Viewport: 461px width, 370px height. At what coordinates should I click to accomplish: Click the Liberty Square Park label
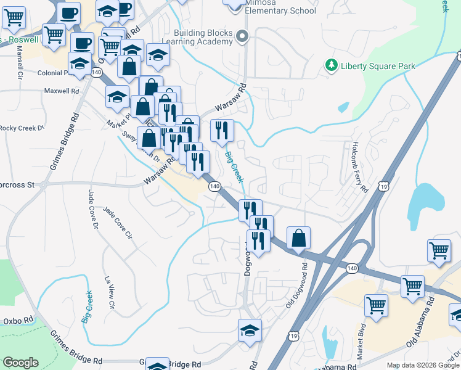point(378,66)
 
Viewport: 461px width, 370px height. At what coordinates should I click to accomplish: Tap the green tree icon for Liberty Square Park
point(332,65)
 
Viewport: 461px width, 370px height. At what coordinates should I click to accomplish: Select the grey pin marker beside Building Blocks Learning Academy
point(243,37)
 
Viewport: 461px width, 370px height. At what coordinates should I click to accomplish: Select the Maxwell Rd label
point(62,91)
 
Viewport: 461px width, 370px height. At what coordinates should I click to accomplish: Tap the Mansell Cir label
point(20,60)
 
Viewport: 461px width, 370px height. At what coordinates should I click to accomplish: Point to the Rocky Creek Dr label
point(22,128)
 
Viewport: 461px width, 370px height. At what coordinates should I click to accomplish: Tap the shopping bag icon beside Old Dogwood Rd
point(298,238)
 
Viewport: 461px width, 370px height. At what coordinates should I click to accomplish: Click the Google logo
point(20,363)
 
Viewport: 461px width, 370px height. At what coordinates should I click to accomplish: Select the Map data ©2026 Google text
point(422,365)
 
